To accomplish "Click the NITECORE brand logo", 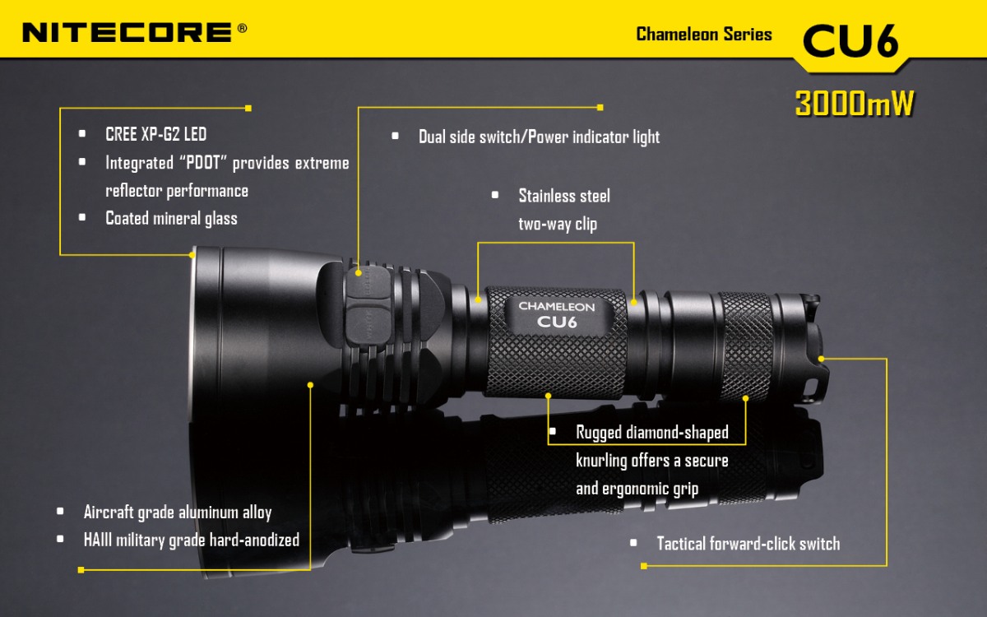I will [x=127, y=32].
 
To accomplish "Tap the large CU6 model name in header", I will [x=850, y=40].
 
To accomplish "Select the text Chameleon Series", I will [x=703, y=35].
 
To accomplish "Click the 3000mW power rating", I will [x=855, y=104].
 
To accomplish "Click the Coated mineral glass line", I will [x=171, y=218].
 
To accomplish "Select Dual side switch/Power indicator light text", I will [x=539, y=137].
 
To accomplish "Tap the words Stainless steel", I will [x=563, y=196].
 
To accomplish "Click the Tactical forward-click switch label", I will [x=748, y=543].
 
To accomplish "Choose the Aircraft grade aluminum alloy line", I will [x=177, y=512].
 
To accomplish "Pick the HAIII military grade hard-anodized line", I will [x=191, y=540].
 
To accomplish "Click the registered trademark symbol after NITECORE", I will [x=241, y=28].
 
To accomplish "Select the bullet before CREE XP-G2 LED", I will [x=82, y=134].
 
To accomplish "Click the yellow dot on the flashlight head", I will [x=311, y=384].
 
